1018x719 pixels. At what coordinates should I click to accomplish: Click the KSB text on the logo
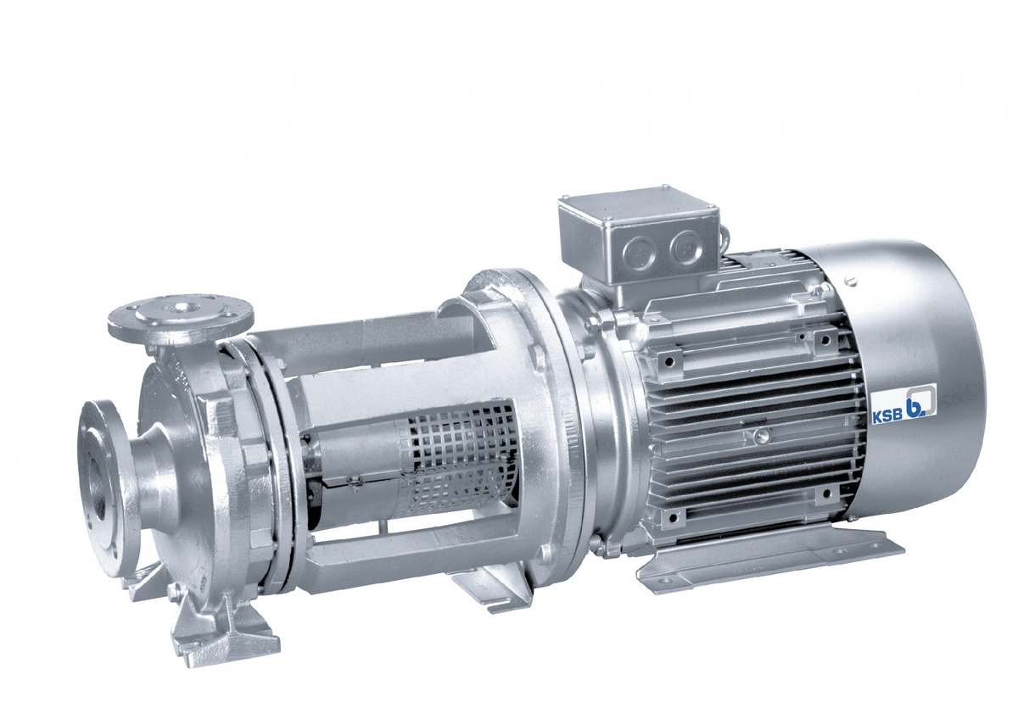coord(881,417)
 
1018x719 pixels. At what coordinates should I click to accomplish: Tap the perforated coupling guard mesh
coord(459,460)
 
